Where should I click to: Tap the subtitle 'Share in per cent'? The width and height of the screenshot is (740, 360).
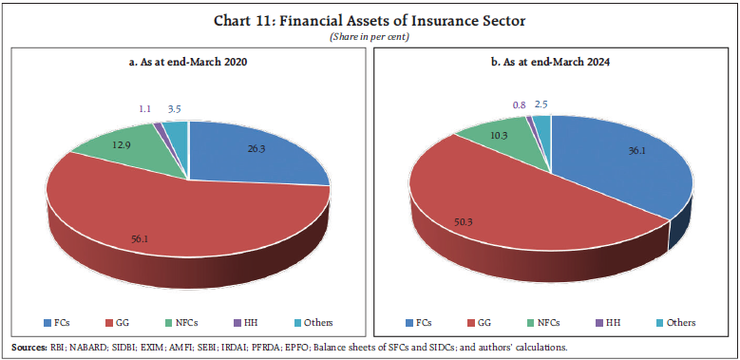click(x=370, y=35)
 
